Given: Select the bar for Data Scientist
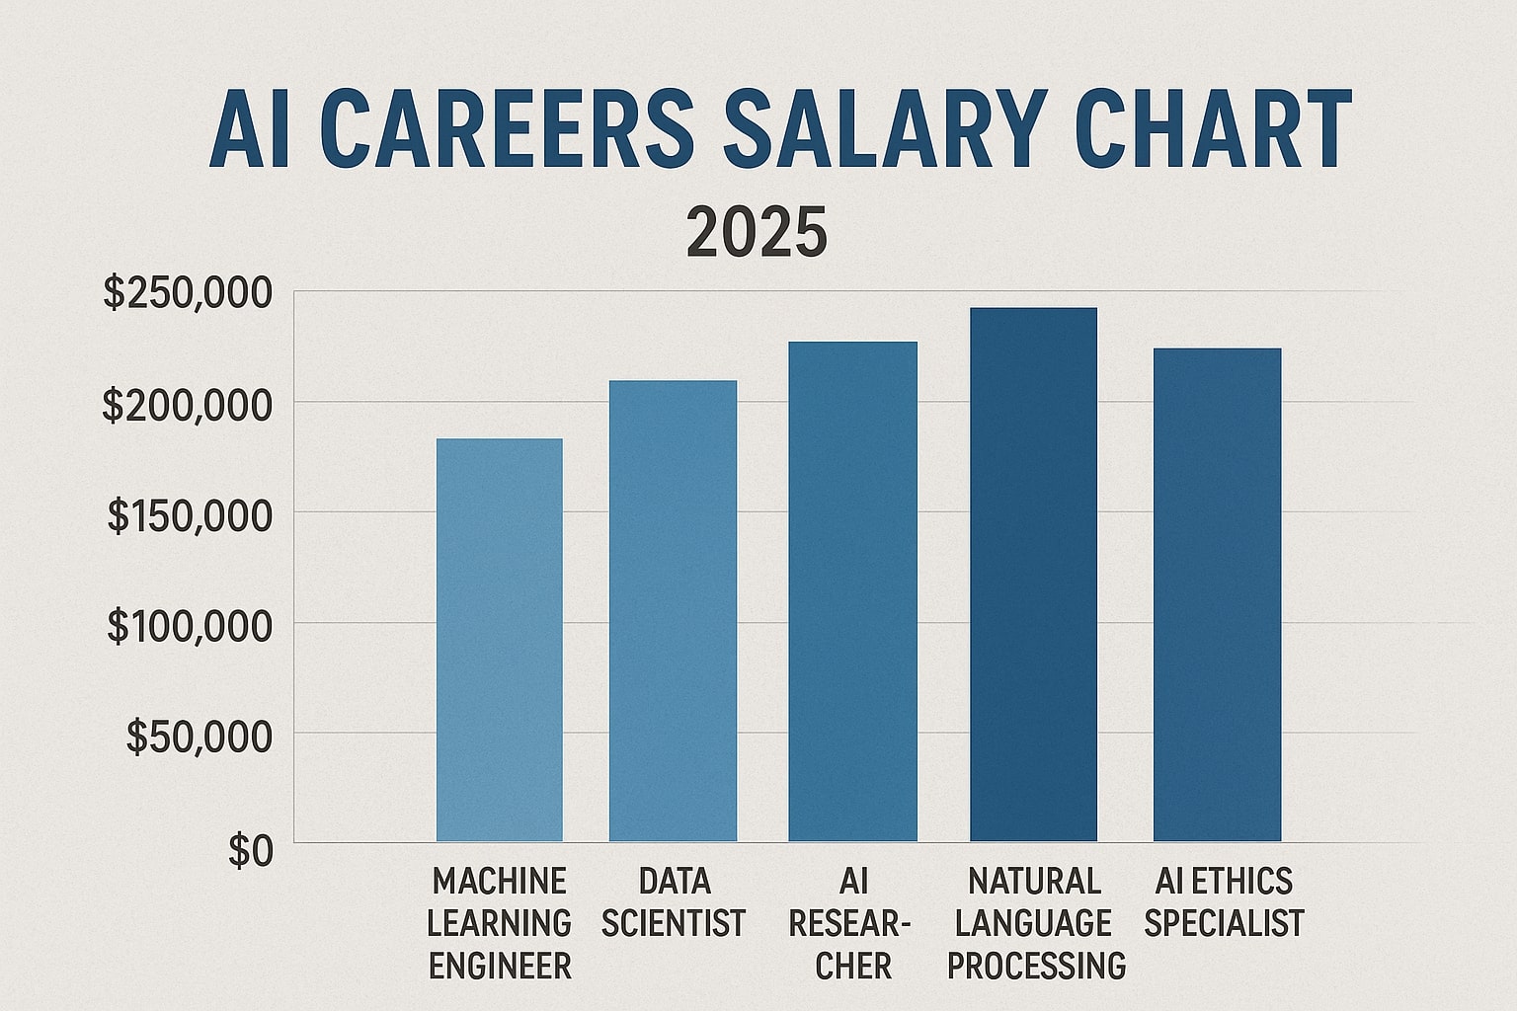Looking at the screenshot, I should coord(673,611).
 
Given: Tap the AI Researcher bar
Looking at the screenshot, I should coord(852,591).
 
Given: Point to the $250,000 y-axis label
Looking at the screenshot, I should coord(187,294).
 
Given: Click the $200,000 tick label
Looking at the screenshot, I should coord(187,406).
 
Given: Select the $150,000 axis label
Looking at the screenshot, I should coord(188,516).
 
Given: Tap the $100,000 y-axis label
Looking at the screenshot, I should coord(188,627).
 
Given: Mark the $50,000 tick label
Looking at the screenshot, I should coord(198,738).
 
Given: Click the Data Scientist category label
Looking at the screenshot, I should coord(673,901).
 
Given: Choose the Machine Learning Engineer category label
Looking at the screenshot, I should coord(500,923).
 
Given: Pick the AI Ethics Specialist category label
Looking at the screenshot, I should coord(1224,901).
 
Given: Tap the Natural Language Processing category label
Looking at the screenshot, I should coord(1035,923).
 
